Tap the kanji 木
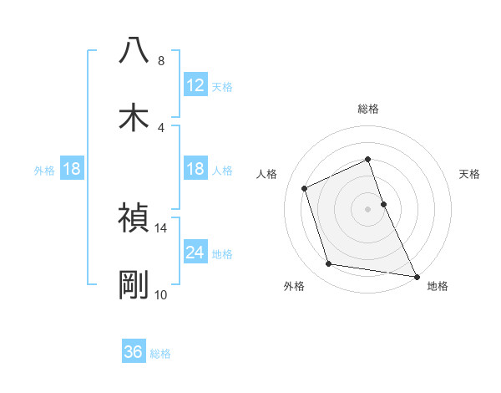(x=134, y=117)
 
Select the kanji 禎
(x=134, y=218)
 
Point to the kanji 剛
(x=134, y=285)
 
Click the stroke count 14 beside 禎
(x=161, y=227)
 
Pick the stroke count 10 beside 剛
(x=161, y=294)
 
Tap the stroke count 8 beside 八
(x=161, y=60)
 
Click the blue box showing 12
(x=195, y=85)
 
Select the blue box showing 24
(x=195, y=253)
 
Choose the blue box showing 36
(x=134, y=352)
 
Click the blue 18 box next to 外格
(x=71, y=169)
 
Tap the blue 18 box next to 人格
(x=195, y=169)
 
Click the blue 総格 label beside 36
(x=160, y=354)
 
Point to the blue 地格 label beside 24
(x=222, y=254)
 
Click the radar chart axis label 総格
(x=368, y=109)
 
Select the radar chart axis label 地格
(x=438, y=286)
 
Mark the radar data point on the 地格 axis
(x=416, y=276)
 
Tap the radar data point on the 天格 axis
(x=383, y=203)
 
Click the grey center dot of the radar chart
(x=368, y=208)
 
